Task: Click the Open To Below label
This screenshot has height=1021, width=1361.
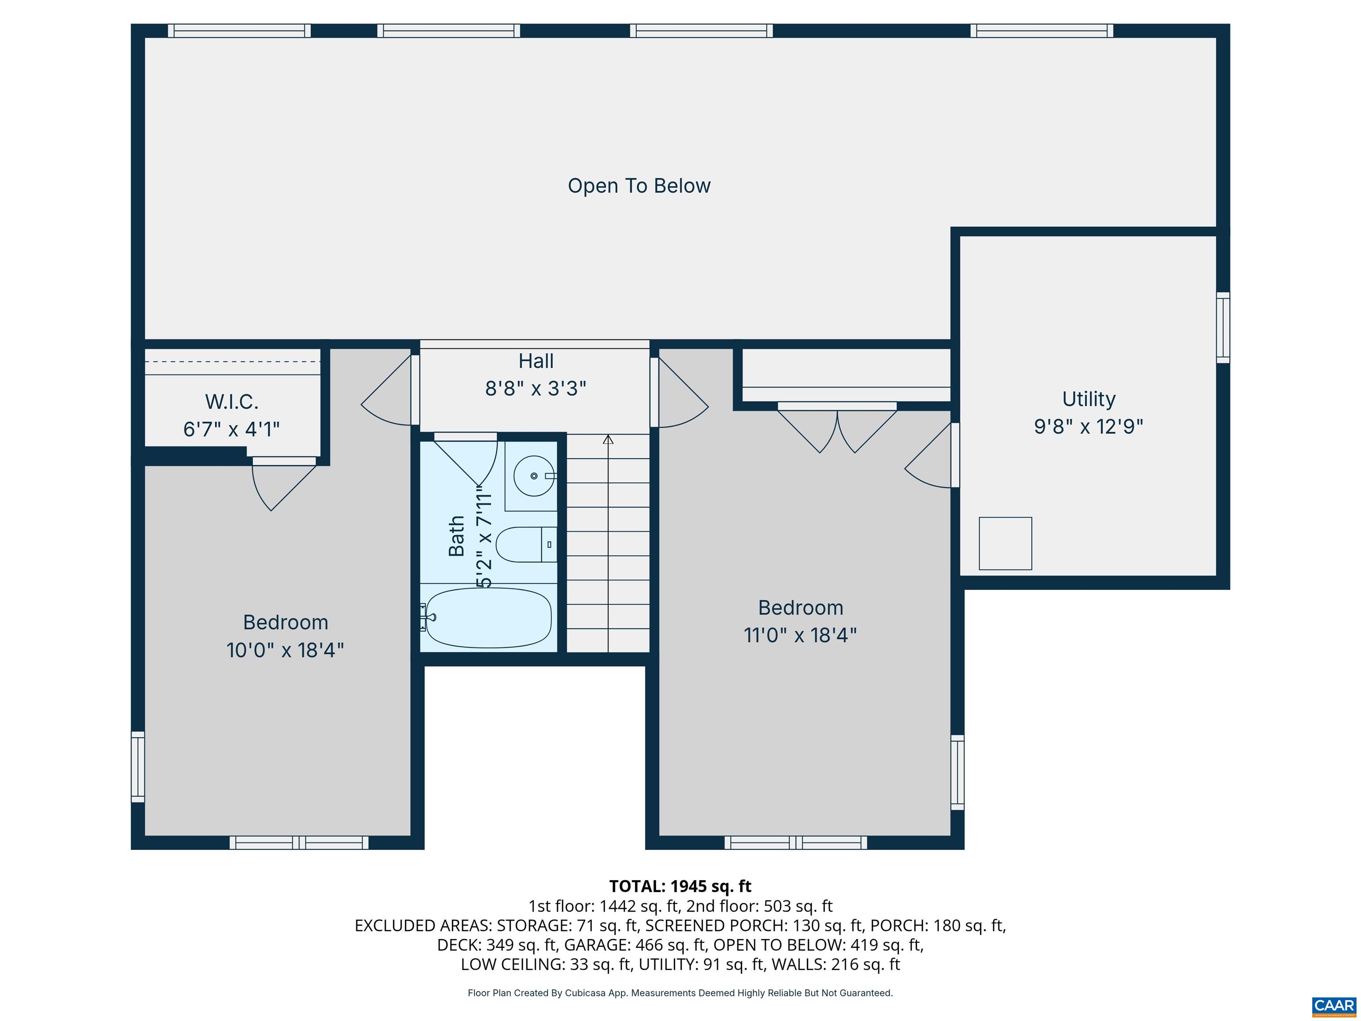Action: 639,186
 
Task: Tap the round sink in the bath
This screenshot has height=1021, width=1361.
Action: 533,476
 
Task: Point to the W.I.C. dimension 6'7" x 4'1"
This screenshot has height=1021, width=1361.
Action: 231,429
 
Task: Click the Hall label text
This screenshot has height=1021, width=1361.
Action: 535,361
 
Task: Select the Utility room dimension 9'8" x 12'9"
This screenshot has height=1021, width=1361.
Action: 1088,426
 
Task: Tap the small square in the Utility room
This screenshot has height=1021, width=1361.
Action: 1005,543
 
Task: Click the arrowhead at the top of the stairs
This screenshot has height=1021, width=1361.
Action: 608,440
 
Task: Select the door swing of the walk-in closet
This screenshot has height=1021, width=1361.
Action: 280,483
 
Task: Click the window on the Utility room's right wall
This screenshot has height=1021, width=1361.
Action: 1223,327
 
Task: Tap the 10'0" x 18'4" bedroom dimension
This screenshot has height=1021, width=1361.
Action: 285,651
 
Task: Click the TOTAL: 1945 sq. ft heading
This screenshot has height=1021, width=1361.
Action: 680,886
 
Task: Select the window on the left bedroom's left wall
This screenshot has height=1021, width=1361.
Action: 138,766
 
